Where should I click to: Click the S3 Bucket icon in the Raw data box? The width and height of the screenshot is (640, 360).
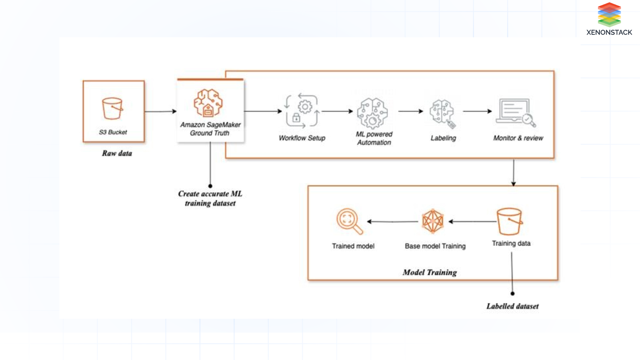(112, 108)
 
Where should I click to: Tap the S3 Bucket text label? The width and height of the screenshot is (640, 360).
(113, 132)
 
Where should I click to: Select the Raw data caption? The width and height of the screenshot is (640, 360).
(117, 153)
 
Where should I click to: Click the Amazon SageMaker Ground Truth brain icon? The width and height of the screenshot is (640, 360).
(208, 103)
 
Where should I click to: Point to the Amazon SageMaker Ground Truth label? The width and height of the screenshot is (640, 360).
(210, 129)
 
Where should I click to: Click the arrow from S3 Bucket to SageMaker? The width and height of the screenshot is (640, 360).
(160, 111)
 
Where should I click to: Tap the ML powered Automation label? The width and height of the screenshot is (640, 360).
(374, 138)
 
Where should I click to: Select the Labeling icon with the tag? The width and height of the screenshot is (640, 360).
(443, 113)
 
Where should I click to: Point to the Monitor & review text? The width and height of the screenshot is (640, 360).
(518, 138)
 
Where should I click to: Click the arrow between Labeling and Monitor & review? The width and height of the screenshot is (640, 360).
(477, 111)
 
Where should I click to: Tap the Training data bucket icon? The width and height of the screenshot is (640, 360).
(509, 221)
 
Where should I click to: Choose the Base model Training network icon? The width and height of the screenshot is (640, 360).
(433, 221)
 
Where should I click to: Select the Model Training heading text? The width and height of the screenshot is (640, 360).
(430, 273)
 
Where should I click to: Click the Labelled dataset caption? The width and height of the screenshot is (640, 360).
(512, 306)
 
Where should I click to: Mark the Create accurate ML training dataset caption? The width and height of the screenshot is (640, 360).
(210, 199)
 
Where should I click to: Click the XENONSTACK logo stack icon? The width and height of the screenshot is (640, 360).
(609, 15)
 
